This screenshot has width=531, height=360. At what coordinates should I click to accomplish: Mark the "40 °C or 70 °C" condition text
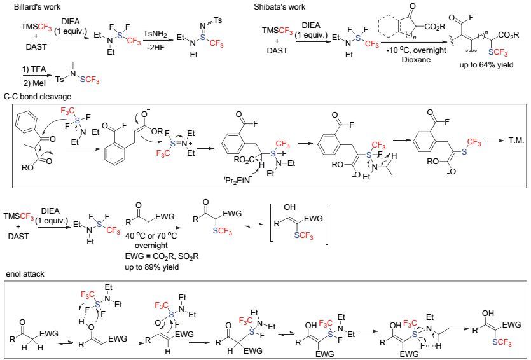click(151, 236)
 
